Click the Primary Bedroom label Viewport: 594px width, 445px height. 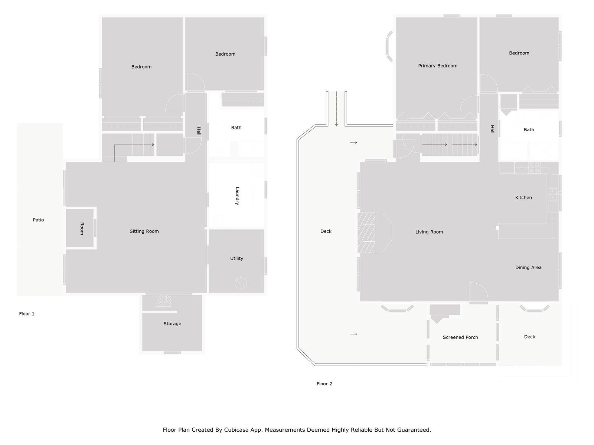coord(437,66)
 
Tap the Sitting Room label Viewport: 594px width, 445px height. coord(144,231)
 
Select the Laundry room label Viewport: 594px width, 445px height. coord(237,196)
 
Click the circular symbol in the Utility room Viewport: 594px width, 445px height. coord(241,284)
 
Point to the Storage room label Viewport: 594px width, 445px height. coord(172,324)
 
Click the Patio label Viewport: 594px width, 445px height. coord(38,220)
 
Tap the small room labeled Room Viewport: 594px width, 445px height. coord(82,228)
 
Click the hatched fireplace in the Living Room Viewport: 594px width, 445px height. coord(366,233)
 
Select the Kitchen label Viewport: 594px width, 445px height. coord(523,198)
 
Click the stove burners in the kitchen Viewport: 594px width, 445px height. coord(534,168)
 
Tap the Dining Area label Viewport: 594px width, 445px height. coord(528,267)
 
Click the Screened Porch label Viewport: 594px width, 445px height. coord(460,337)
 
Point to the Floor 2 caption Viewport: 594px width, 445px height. coord(324,384)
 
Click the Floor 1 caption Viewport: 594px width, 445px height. coord(27,314)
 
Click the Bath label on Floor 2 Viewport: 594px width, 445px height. coord(529,130)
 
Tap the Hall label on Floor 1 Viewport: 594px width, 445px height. coord(199,131)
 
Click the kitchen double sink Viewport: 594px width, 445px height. coord(552,194)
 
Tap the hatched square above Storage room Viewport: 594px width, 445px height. coord(163,301)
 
